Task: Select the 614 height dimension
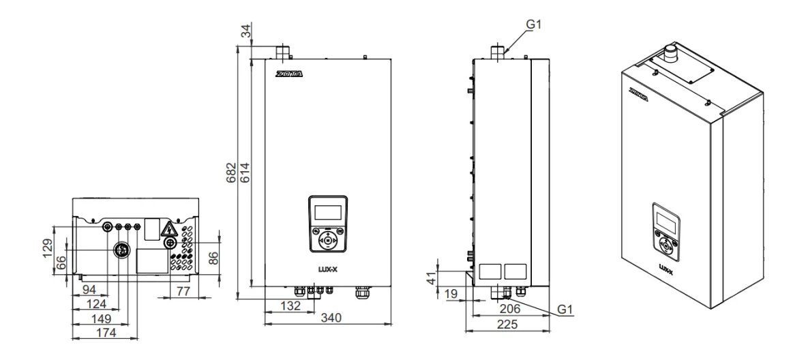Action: pyautogui.click(x=245, y=172)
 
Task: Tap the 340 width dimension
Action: pyautogui.click(x=331, y=318)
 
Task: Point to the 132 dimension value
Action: pyautogui.click(x=290, y=305)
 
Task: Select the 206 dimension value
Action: pyautogui.click(x=511, y=309)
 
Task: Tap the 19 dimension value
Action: pyautogui.click(x=451, y=294)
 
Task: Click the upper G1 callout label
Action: pyautogui.click(x=534, y=25)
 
